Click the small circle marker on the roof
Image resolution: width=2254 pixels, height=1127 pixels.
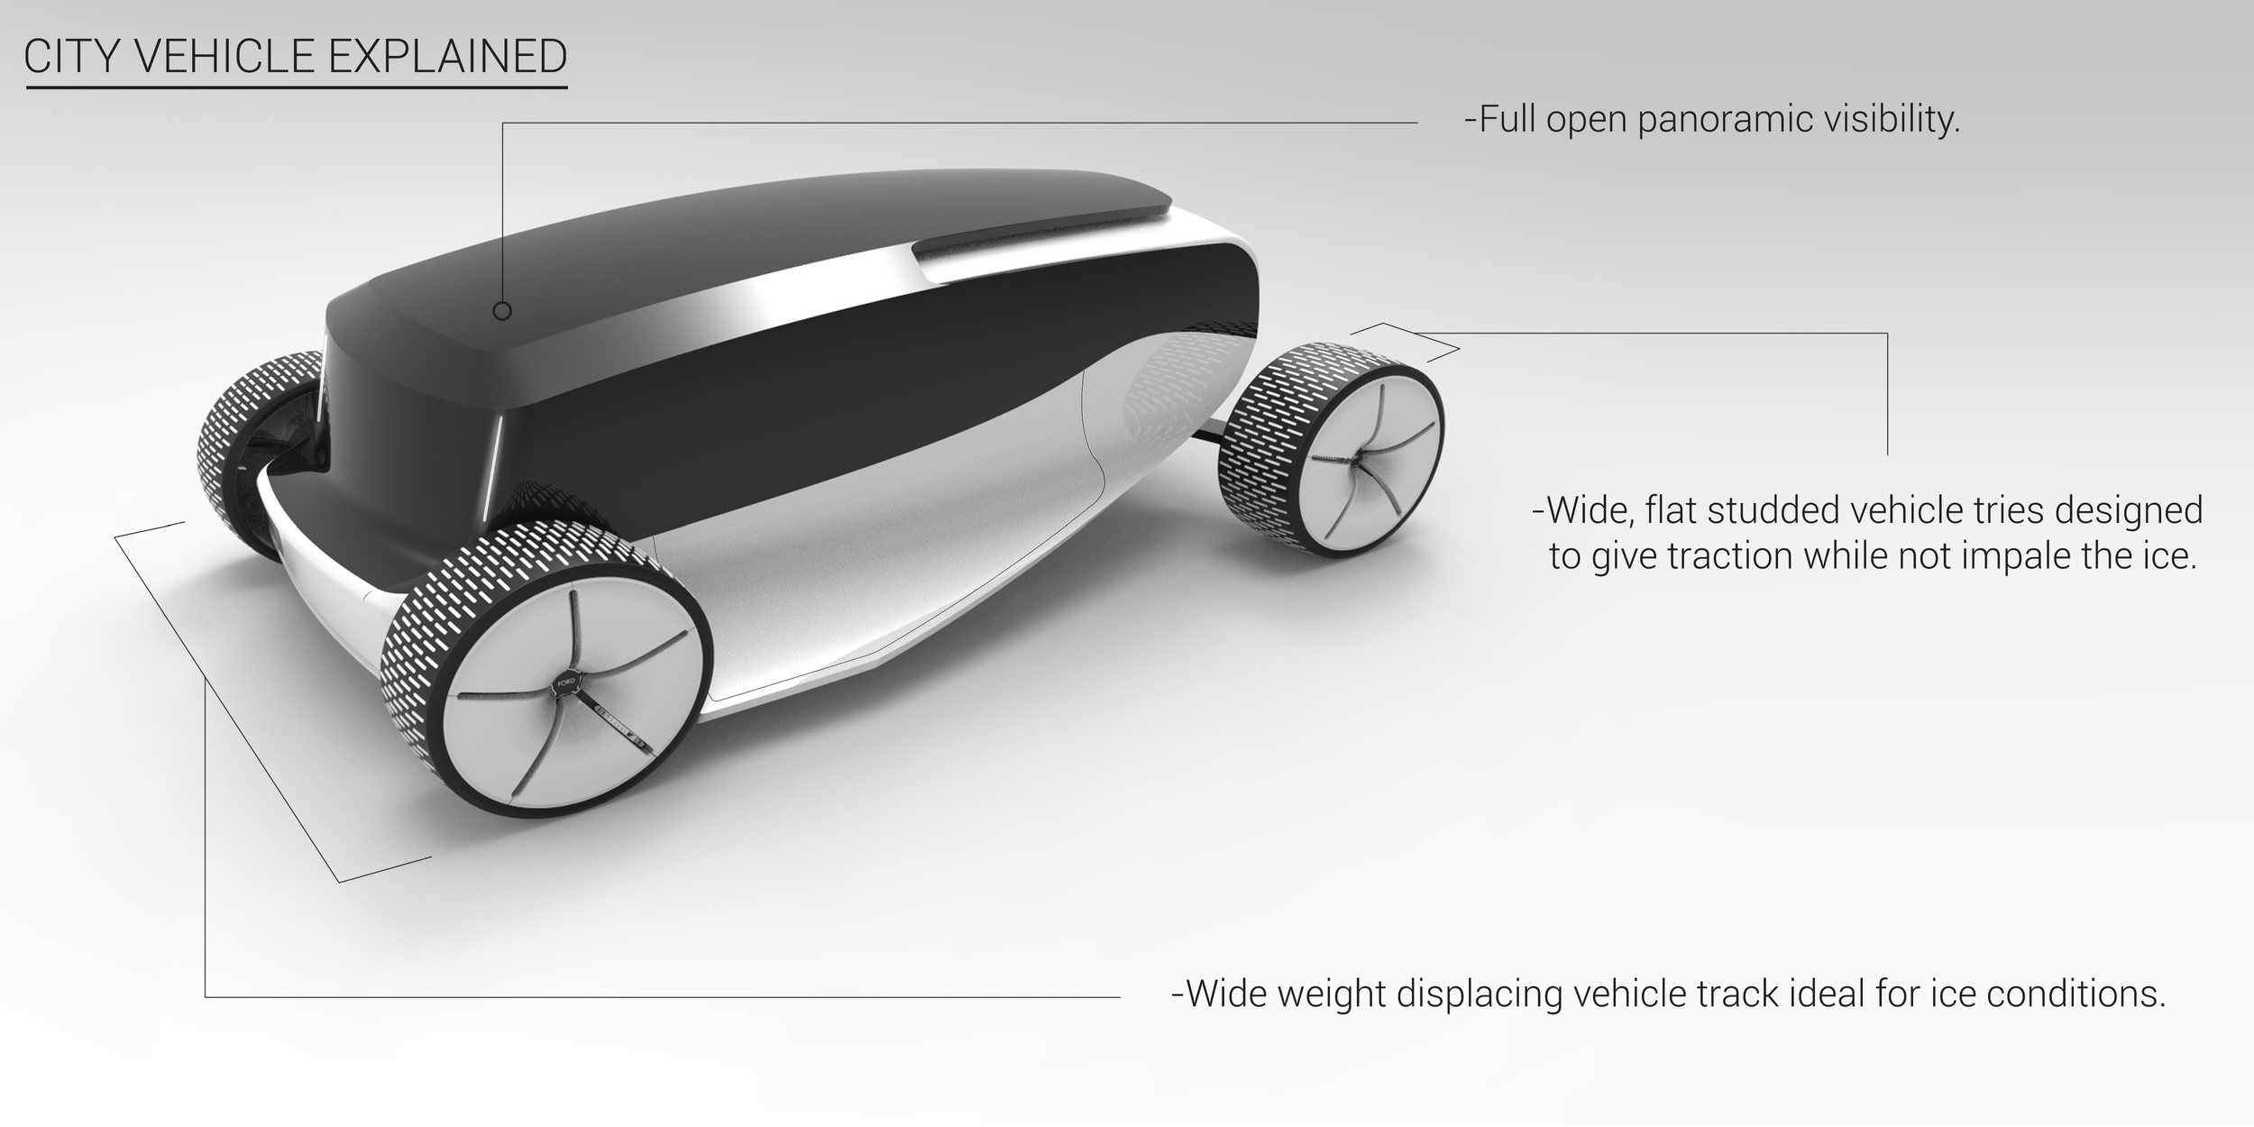[503, 311]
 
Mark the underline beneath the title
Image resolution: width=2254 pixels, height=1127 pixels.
[297, 87]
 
